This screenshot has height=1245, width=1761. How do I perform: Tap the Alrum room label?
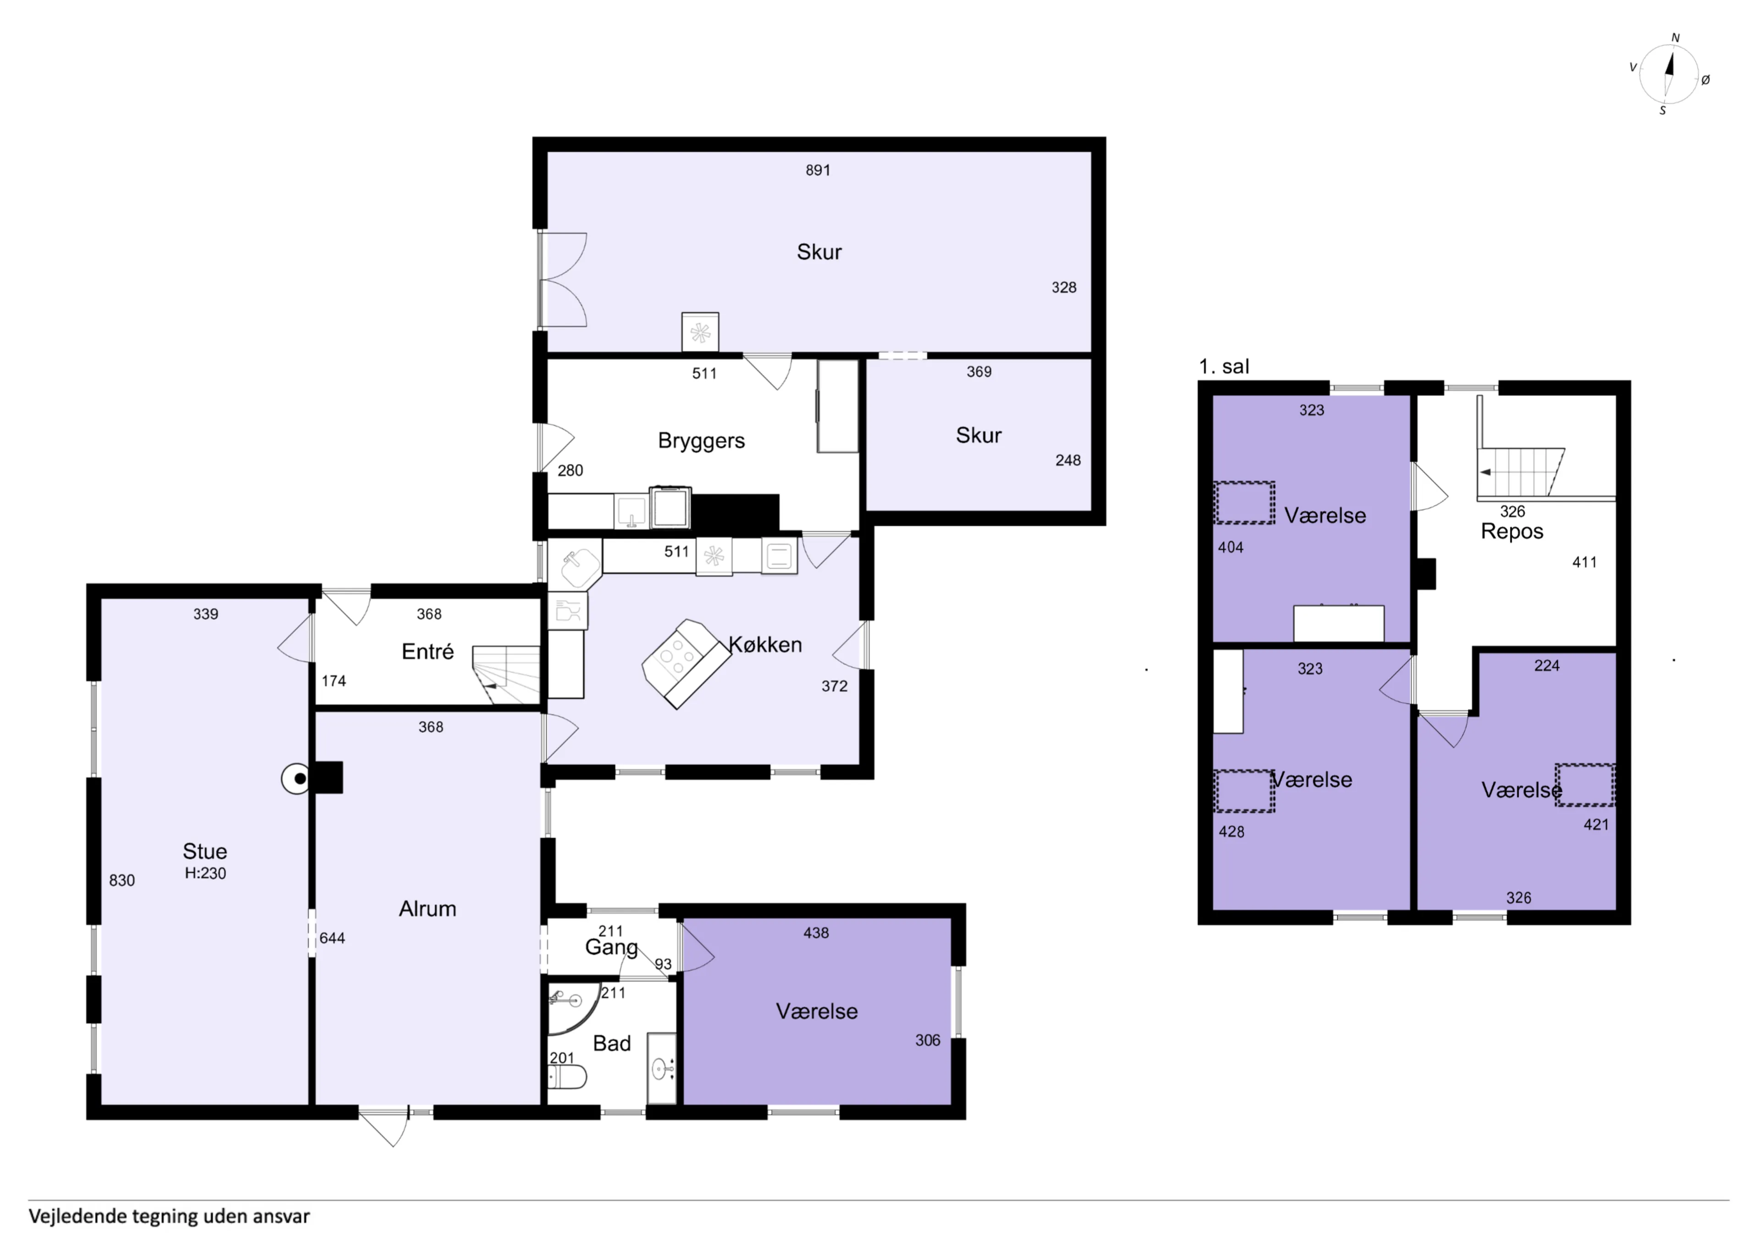427,908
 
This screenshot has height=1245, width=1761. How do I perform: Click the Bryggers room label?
701,441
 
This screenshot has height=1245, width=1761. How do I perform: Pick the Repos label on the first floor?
1512,531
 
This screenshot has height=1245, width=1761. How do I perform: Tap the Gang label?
611,948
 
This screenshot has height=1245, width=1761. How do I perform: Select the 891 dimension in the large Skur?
818,170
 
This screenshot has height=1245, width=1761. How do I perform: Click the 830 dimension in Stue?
122,880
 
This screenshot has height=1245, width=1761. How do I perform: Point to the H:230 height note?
205,873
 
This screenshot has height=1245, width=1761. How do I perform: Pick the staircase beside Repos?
1521,472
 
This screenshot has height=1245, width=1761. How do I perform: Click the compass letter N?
1675,38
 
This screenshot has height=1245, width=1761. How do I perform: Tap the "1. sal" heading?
1224,367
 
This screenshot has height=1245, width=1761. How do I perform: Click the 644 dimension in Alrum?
332,938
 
